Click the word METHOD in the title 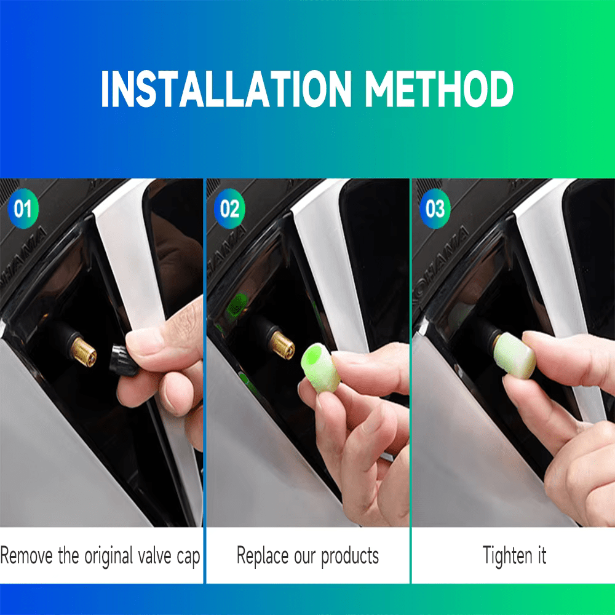[x=439, y=89]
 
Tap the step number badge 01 [x=23, y=209]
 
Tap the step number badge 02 [x=229, y=209]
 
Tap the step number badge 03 [x=435, y=209]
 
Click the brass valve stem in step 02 [x=282, y=345]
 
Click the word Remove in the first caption [x=27, y=557]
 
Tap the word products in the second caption [x=350, y=557]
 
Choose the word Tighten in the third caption [x=500, y=557]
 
